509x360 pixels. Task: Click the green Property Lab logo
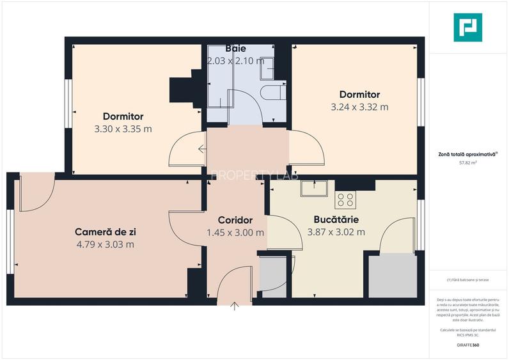[467, 27]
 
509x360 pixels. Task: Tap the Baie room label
[236, 49]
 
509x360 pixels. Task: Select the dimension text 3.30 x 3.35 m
[123, 129]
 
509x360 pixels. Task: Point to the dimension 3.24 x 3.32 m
[359, 107]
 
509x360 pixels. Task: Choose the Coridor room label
[235, 221]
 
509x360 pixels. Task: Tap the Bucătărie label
[336, 219]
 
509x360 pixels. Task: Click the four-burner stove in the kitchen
[345, 199]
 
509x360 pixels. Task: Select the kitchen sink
[315, 188]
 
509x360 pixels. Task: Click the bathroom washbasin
[268, 65]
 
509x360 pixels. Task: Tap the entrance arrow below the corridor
[235, 306]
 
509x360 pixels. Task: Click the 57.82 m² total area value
[468, 162]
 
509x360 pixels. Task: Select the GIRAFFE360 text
[467, 345]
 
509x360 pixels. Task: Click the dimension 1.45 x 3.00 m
[235, 233]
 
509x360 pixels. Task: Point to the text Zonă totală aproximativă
[467, 153]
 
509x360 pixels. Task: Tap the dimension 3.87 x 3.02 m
[336, 232]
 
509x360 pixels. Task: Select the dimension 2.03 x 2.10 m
[236, 61]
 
